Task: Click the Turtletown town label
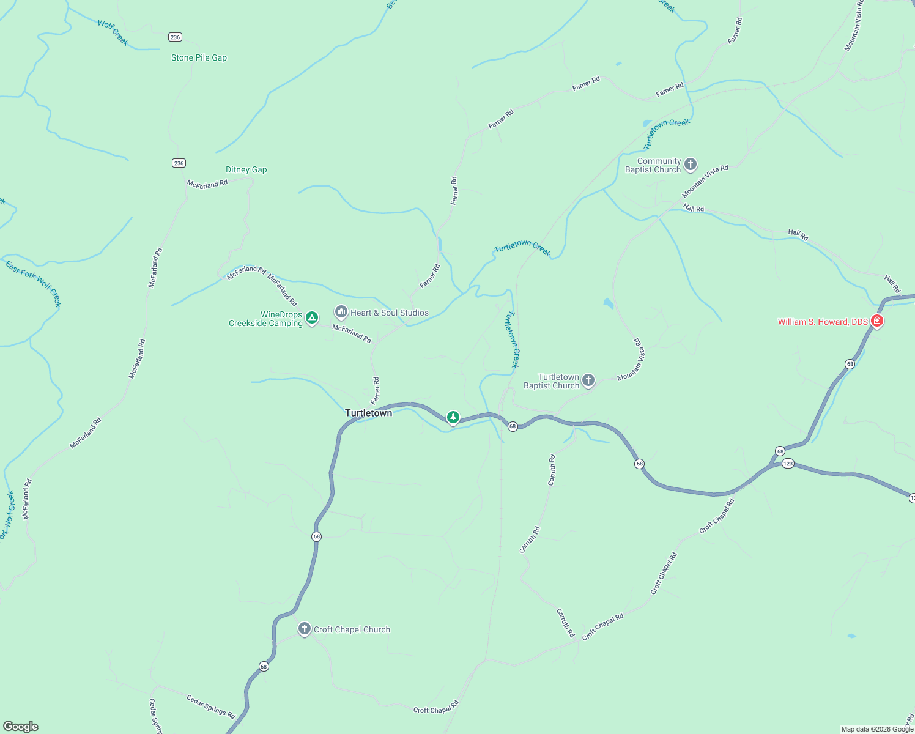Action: click(368, 413)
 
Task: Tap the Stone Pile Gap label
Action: click(199, 58)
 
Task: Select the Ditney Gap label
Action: click(246, 170)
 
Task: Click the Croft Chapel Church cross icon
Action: click(304, 629)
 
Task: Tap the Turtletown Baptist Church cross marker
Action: click(588, 380)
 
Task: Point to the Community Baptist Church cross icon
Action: click(690, 164)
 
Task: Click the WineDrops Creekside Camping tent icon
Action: click(312, 317)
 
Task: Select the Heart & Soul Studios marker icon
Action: click(341, 312)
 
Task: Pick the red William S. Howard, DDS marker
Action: click(876, 321)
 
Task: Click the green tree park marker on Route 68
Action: click(453, 417)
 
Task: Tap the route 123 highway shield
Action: click(788, 464)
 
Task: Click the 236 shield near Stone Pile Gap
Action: click(175, 37)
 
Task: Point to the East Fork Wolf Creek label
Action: click(34, 283)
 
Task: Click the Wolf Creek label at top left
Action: click(113, 33)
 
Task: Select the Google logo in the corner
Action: click(21, 727)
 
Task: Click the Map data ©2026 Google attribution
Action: click(877, 729)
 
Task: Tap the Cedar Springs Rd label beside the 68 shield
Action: click(210, 706)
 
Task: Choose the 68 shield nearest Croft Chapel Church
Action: click(264, 666)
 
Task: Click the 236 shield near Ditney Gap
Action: click(179, 163)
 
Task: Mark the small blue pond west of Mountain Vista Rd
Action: click(608, 303)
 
